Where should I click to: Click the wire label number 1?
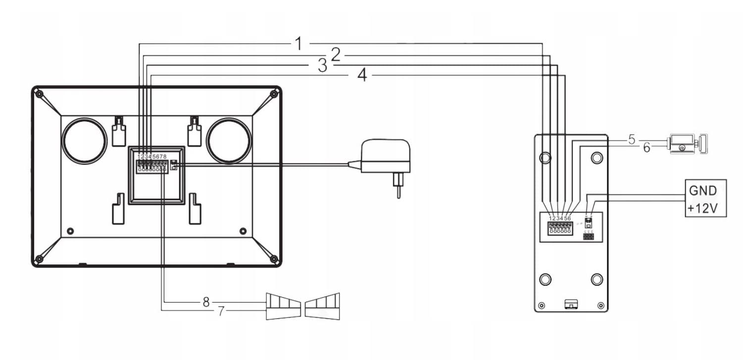tap(298, 44)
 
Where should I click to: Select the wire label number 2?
tap(336, 54)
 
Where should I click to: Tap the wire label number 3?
tap(322, 65)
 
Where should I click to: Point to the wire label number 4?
tap(362, 75)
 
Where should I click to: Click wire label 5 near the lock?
tap(631, 140)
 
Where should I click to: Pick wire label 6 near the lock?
tap(646, 147)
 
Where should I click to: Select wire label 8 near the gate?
tap(206, 302)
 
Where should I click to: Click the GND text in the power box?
tap(702, 191)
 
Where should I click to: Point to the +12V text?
tap(702, 208)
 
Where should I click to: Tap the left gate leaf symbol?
tap(283, 306)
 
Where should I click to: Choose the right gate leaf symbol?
tap(322, 306)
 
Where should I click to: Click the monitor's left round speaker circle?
tap(85, 141)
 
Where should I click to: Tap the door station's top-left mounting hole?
tap(545, 157)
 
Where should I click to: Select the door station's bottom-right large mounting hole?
tap(597, 279)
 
